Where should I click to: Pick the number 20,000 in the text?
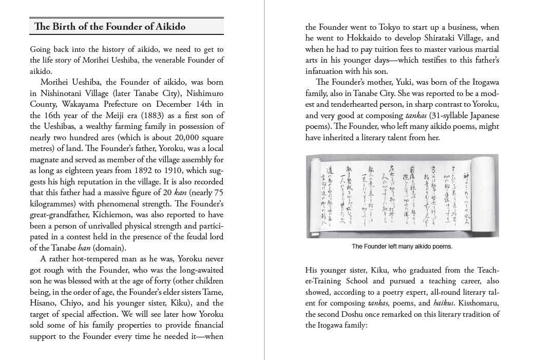pyautogui.click(x=177, y=137)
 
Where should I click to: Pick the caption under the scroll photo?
pyautogui.click(x=402, y=247)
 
